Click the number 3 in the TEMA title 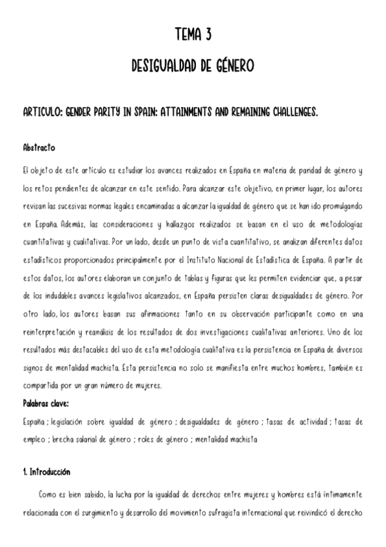[x=209, y=34]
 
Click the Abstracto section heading [x=39, y=148]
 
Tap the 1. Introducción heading [x=46, y=472]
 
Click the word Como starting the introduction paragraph [x=49, y=495]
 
